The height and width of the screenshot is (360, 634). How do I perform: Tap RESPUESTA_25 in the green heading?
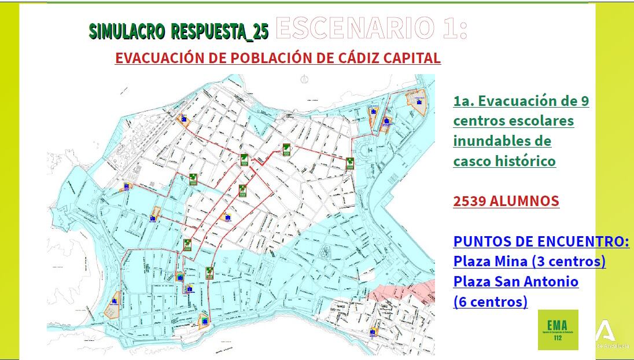click(220, 32)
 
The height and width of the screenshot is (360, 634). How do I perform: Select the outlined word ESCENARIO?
click(355, 27)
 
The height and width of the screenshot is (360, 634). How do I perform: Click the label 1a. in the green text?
click(464, 101)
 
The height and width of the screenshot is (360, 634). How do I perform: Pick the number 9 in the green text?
click(584, 101)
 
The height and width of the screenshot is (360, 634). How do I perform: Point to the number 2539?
click(469, 201)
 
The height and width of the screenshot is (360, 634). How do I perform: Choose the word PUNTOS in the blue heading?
click(480, 241)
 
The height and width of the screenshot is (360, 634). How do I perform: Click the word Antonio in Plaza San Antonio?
click(551, 282)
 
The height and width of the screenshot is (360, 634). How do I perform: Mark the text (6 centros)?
click(491, 302)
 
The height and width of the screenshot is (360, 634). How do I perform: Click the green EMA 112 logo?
click(558, 329)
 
